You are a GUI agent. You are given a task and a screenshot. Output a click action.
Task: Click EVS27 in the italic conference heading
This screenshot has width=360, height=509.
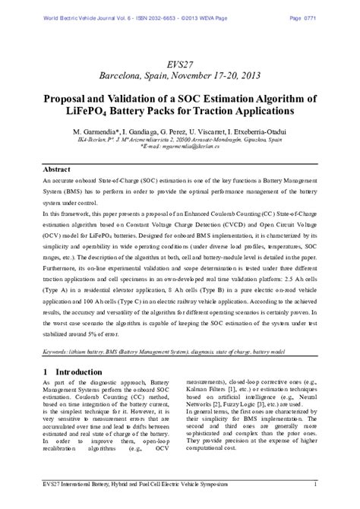click(180, 63)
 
